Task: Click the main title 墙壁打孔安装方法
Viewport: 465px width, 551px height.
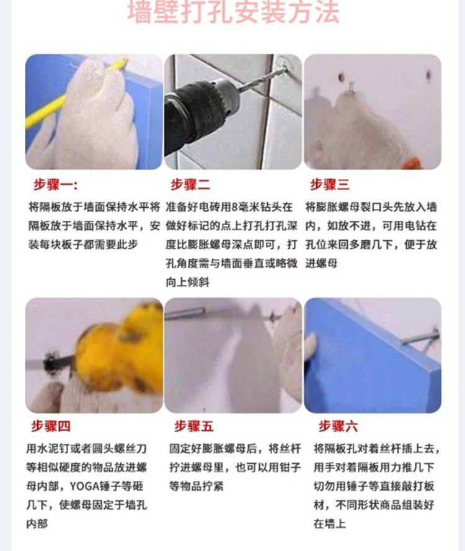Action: (x=233, y=12)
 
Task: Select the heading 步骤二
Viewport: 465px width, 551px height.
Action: (x=190, y=185)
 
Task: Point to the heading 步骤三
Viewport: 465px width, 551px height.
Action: (x=329, y=185)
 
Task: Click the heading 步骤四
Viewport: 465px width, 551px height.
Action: (x=51, y=426)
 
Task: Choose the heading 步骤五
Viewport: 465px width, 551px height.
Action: (x=194, y=426)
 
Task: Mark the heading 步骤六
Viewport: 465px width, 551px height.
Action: (x=338, y=426)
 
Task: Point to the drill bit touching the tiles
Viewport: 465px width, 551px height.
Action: (x=263, y=79)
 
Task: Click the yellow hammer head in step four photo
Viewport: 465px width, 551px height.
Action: (x=120, y=355)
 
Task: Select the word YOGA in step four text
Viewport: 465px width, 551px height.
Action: (x=84, y=486)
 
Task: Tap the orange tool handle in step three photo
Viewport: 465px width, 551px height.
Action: (x=412, y=164)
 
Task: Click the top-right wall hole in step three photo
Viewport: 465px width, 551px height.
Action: (x=428, y=75)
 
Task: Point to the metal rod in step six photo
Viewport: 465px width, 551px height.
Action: (x=420, y=338)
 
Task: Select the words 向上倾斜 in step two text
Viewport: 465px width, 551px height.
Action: (x=187, y=282)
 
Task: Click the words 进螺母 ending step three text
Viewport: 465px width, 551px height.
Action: (x=321, y=263)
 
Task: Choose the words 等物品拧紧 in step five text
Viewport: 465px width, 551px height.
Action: (x=196, y=486)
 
